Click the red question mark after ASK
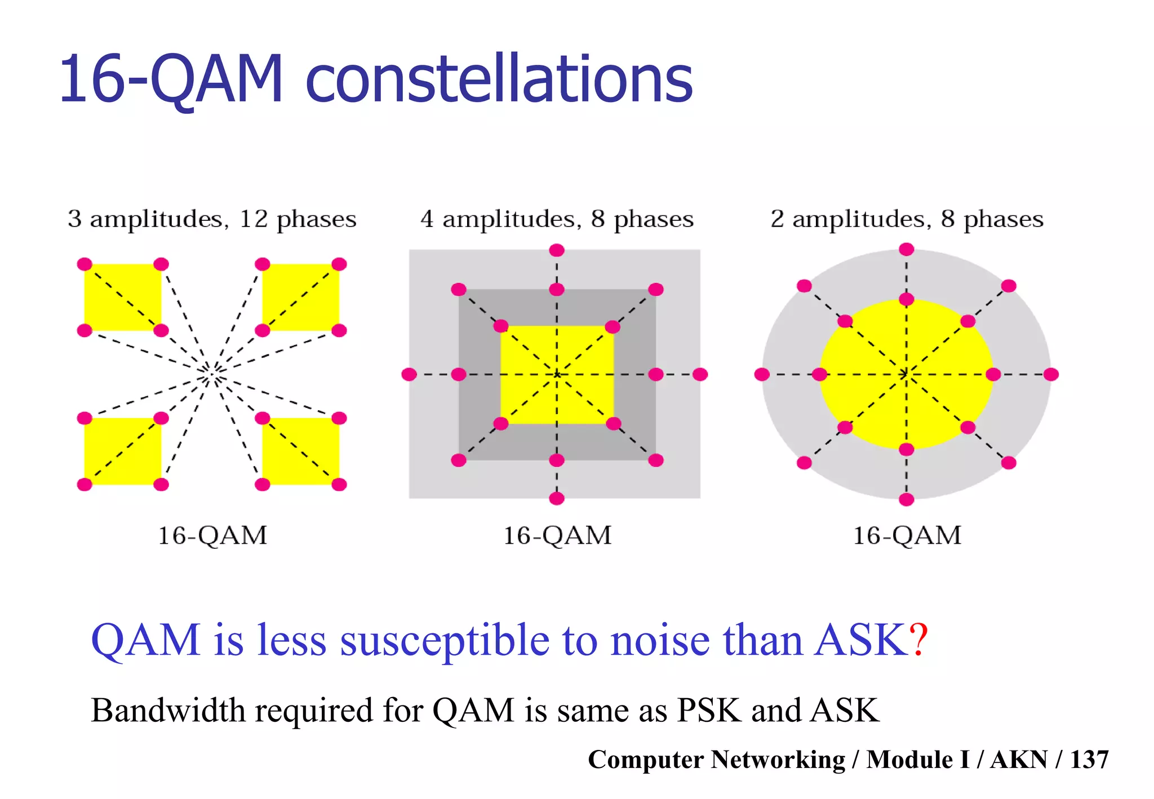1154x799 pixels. point(918,640)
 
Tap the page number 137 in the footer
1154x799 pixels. point(1089,759)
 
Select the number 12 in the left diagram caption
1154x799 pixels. point(254,219)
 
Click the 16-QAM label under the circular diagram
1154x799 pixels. point(907,535)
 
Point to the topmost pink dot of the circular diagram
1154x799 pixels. point(906,249)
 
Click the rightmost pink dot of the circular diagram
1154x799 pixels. point(1051,374)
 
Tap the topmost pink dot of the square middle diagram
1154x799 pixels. point(557,250)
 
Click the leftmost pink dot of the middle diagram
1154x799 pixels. point(409,374)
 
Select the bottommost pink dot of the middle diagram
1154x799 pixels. point(557,498)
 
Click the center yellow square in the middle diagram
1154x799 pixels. point(530,349)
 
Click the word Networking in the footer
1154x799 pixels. point(778,759)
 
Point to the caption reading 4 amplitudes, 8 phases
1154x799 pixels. point(557,219)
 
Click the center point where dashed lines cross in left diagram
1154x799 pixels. point(212,374)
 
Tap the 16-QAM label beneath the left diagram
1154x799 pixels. point(212,535)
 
